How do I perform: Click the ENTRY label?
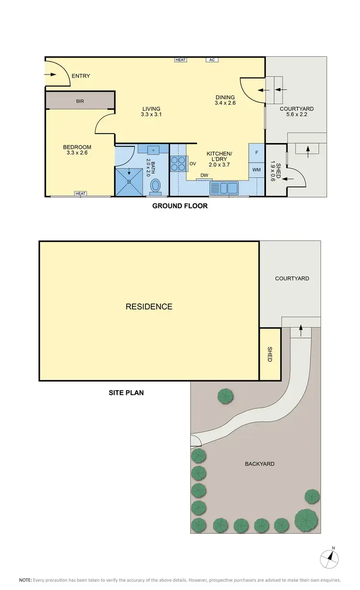(81, 76)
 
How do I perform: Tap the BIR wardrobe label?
(80, 101)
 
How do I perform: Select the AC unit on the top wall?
(212, 60)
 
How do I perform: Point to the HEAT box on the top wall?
(180, 60)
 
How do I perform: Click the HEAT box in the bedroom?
(80, 193)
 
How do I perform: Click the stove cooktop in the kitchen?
(178, 164)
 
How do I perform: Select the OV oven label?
(192, 164)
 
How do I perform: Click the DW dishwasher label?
(204, 175)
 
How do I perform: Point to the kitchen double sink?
(224, 187)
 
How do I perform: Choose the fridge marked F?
(257, 153)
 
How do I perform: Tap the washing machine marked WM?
(256, 170)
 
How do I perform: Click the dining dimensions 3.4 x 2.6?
(225, 102)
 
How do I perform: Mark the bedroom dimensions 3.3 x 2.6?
(77, 153)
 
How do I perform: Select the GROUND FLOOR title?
(180, 206)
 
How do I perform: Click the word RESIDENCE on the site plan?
(149, 306)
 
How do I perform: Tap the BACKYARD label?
(260, 464)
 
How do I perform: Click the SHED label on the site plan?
(270, 354)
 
